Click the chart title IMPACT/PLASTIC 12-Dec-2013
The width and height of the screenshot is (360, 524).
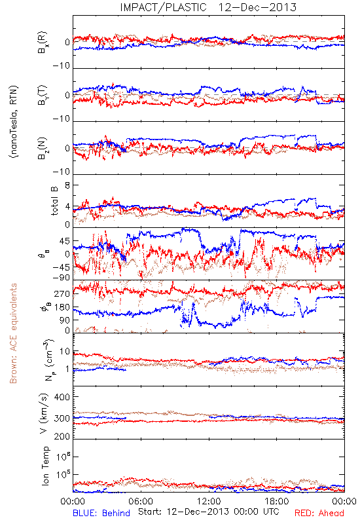(x=208, y=7)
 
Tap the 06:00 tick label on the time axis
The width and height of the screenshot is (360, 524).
(x=141, y=501)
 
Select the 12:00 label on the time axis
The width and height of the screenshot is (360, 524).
(x=209, y=501)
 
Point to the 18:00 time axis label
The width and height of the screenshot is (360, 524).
(x=277, y=501)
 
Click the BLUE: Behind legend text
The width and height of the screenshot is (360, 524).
(x=101, y=513)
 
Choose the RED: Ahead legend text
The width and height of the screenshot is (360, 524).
(x=319, y=513)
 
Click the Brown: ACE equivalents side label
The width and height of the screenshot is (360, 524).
(x=13, y=333)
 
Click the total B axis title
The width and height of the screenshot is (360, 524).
(x=54, y=201)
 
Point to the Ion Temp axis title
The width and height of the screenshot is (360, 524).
(x=45, y=466)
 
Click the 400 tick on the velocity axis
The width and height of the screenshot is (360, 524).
(x=62, y=397)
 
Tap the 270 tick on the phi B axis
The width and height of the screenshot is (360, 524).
(x=62, y=293)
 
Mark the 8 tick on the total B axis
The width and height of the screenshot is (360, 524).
(x=67, y=185)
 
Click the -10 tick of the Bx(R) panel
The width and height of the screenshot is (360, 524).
(x=62, y=66)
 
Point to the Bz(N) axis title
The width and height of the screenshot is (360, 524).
(x=43, y=148)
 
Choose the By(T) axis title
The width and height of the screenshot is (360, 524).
(x=43, y=95)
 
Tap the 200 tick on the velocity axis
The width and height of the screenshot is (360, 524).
(x=62, y=436)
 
